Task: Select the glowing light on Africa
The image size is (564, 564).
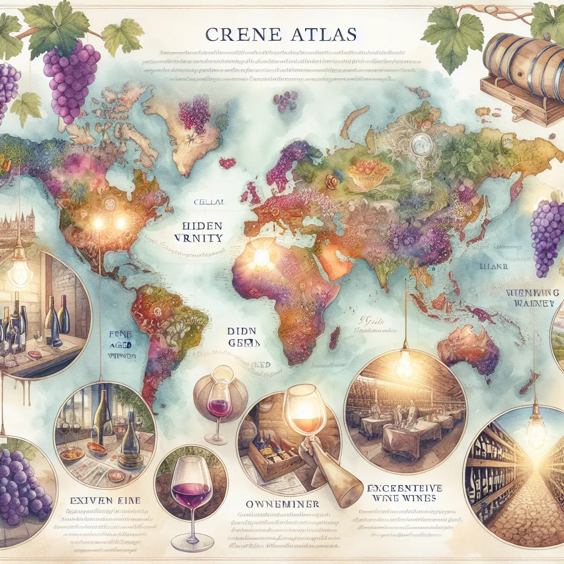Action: point(261,256)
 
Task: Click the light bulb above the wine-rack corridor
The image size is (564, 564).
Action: point(536,432)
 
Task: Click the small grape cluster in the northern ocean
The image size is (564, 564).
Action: point(285,101)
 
